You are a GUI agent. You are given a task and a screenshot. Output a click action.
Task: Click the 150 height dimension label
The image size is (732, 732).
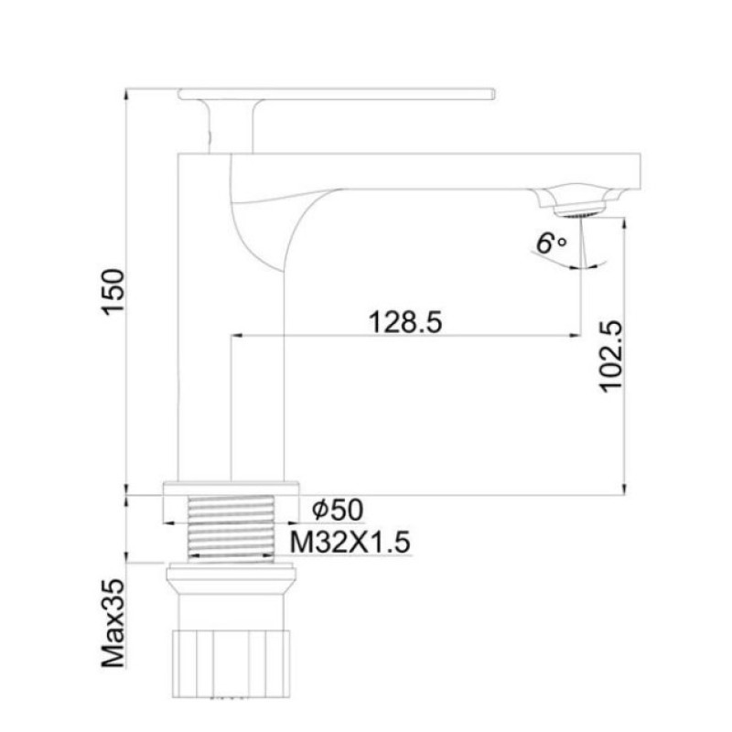pos(112,292)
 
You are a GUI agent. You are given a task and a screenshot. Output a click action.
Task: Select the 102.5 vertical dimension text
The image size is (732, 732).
pos(610,357)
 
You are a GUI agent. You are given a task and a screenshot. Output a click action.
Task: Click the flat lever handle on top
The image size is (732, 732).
pos(337,92)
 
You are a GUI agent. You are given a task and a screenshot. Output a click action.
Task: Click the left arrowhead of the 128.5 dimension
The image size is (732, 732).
pos(235,336)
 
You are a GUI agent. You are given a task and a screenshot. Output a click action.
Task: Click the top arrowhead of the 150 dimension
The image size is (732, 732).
pos(127,94)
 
